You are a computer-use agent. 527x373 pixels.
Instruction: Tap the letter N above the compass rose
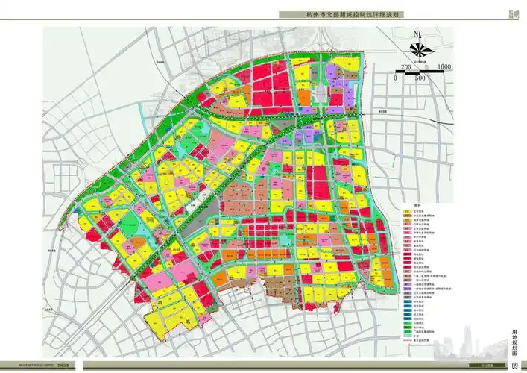coord(409,34)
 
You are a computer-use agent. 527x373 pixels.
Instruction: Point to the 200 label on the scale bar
coord(406,67)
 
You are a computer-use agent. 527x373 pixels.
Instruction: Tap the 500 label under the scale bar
coord(420,78)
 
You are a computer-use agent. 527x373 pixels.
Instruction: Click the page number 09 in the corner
coord(514,365)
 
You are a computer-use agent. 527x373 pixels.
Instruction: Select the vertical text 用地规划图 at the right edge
coord(514,341)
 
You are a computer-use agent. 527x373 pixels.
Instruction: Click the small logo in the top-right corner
coord(512,13)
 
